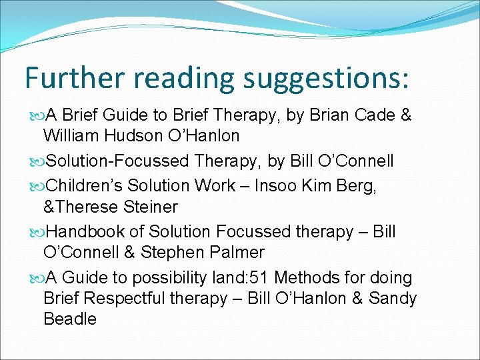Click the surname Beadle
pyautogui.click(x=70, y=320)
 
